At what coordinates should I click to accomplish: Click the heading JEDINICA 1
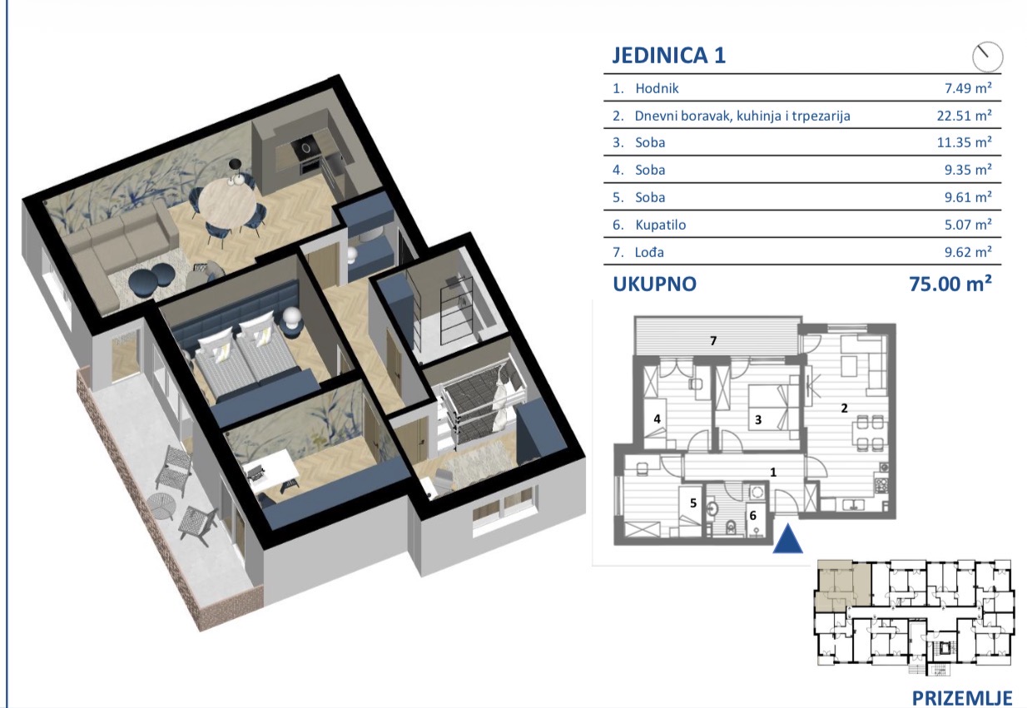point(669,55)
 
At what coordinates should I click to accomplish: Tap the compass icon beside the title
point(988,57)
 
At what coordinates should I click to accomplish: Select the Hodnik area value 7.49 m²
point(968,88)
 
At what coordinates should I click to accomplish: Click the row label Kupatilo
point(661,225)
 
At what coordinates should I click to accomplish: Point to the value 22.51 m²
point(965,116)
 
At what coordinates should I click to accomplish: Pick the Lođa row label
point(649,252)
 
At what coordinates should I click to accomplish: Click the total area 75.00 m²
point(950,285)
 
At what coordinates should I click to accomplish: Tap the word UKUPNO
point(655,285)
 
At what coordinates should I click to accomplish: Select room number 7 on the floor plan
point(713,340)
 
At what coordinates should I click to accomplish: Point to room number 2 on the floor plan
point(844,408)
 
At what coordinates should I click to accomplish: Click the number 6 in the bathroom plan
point(752,516)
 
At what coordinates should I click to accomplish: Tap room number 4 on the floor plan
point(657,418)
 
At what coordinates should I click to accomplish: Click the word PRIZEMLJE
point(962,698)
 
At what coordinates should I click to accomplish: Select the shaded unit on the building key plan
point(843,586)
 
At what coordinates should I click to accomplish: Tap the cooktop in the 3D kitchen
point(304,148)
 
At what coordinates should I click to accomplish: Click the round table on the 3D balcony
point(161,506)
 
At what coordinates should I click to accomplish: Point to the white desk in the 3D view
point(270,468)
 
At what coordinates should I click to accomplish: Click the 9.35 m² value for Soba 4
point(968,170)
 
